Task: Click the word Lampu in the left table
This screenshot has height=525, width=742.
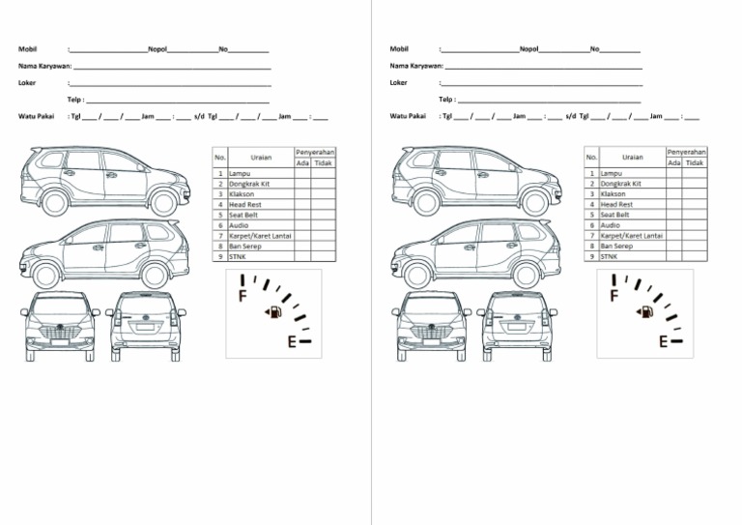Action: pos(240,173)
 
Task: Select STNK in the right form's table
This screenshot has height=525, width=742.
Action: pos(609,256)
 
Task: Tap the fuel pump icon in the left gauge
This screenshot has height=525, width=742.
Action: pos(275,312)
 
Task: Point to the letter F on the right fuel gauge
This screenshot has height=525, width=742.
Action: pos(614,294)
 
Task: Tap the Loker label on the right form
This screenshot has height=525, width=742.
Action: pos(399,82)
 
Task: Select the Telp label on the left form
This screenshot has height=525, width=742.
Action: pos(75,99)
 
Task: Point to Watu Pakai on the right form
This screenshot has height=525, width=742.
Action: pos(408,116)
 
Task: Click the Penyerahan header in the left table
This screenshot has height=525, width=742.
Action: pos(315,153)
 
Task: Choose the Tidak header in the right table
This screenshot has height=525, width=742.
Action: pos(695,162)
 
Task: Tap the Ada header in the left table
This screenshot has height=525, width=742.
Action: pos(302,162)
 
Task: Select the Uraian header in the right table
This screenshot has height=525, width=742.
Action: pos(633,157)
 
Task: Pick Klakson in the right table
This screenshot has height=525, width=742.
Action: pos(614,194)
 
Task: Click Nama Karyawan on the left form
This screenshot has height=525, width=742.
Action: pos(44,66)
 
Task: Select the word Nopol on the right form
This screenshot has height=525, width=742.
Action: pos(528,48)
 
